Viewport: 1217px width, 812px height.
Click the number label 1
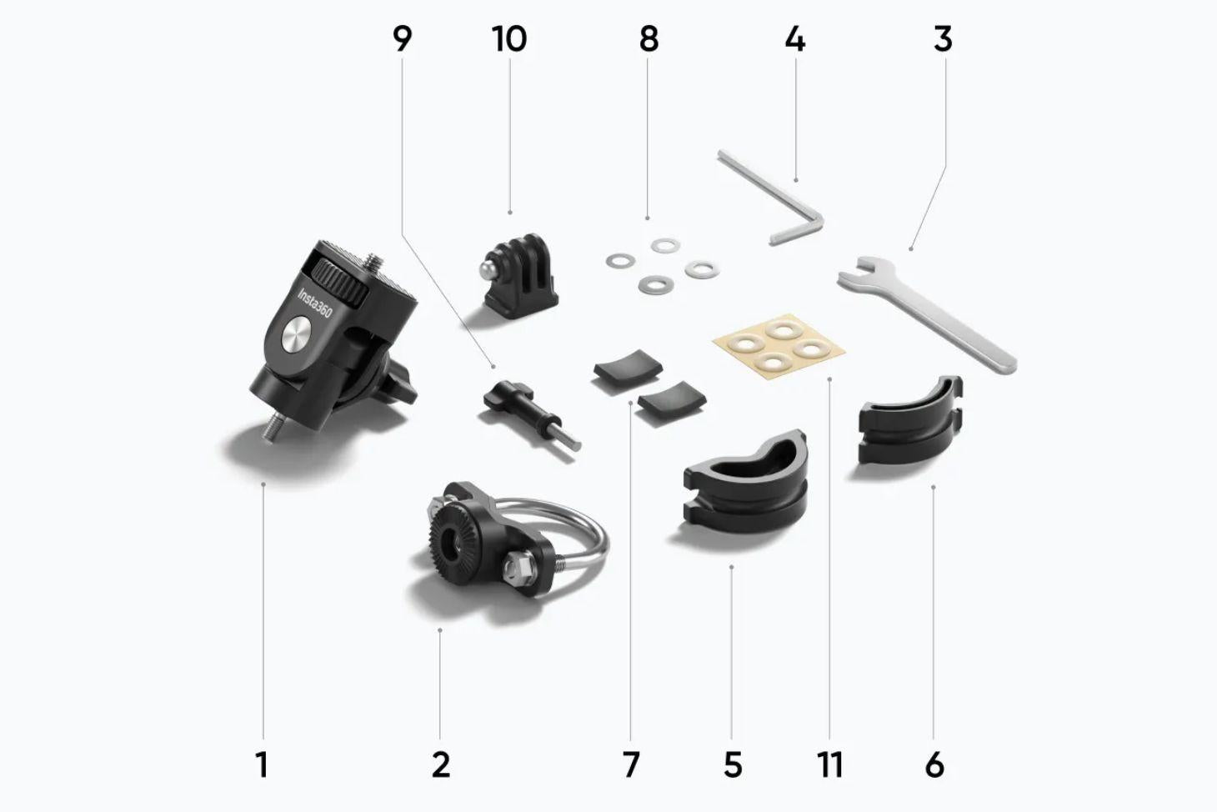click(x=262, y=764)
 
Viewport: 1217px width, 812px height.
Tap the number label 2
click(x=441, y=764)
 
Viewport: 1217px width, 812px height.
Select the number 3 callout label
click(x=943, y=39)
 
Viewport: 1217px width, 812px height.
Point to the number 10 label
click(x=509, y=39)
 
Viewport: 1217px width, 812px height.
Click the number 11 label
click(x=830, y=764)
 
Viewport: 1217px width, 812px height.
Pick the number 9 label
click(x=403, y=39)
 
